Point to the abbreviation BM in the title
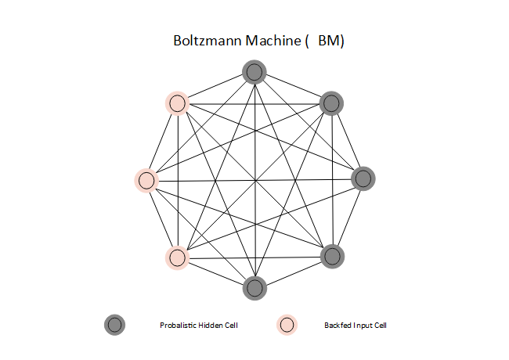(x=328, y=41)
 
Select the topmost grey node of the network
(x=254, y=73)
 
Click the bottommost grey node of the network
(x=254, y=287)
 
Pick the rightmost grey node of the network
(x=363, y=178)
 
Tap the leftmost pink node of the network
(x=146, y=180)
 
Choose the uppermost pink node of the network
(x=177, y=103)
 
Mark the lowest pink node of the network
(x=178, y=257)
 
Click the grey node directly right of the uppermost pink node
(x=332, y=103)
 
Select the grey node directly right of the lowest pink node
(x=332, y=256)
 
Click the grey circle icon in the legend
(x=114, y=325)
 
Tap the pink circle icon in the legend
(x=287, y=325)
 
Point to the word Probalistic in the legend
(x=175, y=325)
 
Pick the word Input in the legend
(x=363, y=325)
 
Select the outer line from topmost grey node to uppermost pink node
(x=216, y=88)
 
